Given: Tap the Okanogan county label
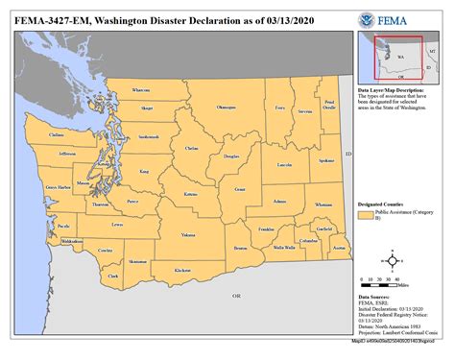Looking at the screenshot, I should (x=226, y=108).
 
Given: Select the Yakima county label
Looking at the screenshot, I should (x=189, y=234).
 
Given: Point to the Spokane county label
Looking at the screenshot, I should (x=325, y=161).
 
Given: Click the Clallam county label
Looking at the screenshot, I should (x=57, y=135).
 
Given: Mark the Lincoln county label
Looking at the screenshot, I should (x=284, y=165).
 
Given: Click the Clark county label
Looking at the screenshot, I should (x=113, y=276).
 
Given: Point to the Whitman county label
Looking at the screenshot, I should (x=323, y=204).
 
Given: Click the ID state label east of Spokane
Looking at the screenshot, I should (x=349, y=154).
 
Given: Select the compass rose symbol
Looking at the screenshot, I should (x=393, y=259).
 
